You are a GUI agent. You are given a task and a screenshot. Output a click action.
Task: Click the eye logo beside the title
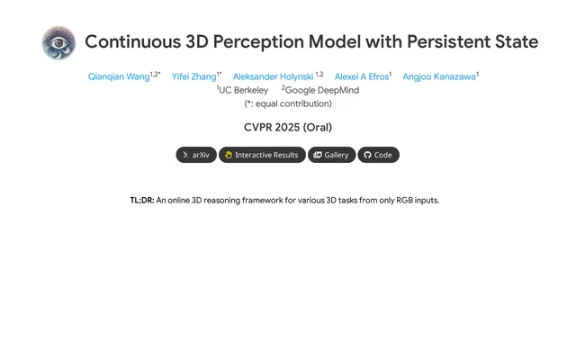(58, 42)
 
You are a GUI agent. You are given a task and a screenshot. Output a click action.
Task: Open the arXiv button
(196, 155)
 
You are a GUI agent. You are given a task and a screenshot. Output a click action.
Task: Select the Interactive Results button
(262, 155)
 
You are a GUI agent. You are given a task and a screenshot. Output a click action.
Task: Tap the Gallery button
(332, 155)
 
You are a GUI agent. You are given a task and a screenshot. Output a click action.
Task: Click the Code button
(378, 155)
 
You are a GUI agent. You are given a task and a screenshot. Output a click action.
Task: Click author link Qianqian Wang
(119, 76)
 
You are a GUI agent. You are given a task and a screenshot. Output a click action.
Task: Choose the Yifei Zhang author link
(194, 76)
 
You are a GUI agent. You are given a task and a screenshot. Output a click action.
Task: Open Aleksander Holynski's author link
(273, 76)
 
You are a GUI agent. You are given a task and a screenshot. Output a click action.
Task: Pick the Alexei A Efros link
(362, 76)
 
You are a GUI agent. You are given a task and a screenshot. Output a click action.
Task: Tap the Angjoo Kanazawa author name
(439, 76)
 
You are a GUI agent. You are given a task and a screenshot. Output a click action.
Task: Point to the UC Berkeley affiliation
(242, 90)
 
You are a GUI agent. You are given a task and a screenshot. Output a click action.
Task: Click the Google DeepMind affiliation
(320, 90)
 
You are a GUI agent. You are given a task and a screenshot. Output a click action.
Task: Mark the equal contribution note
(288, 103)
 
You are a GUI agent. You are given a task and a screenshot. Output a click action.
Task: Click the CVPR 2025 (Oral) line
(288, 127)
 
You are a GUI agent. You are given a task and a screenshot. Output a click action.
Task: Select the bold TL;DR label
(142, 200)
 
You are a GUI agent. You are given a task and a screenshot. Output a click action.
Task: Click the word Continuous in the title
(133, 41)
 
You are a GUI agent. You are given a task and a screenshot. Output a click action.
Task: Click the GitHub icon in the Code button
(367, 155)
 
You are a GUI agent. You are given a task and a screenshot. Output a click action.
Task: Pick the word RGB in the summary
(404, 200)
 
